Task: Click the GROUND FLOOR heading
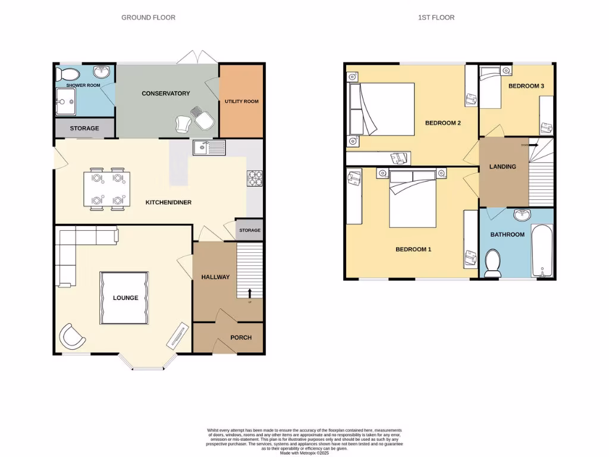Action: (x=148, y=17)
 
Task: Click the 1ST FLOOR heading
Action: (x=436, y=17)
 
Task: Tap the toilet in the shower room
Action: (x=67, y=74)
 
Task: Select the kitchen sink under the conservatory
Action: (x=209, y=147)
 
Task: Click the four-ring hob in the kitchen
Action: (x=255, y=179)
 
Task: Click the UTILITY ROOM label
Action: (x=241, y=102)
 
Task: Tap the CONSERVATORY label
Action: (x=165, y=93)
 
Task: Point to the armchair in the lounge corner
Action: (x=72, y=336)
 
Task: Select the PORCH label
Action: (x=241, y=337)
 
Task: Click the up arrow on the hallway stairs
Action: (x=249, y=292)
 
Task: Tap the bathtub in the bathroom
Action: (x=542, y=251)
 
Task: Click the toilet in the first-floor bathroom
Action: (x=492, y=263)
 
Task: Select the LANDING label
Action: (x=503, y=167)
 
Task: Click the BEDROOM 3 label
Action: (x=526, y=86)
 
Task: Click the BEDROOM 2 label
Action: (x=443, y=123)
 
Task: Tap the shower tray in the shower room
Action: (x=66, y=102)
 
